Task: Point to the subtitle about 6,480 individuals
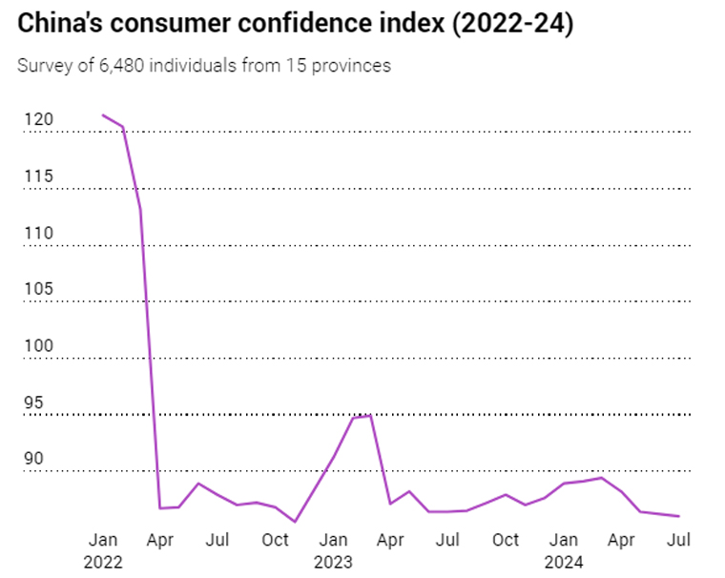point(204,66)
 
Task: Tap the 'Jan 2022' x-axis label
point(103,550)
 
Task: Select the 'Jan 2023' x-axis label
point(333,550)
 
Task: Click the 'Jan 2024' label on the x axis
point(564,550)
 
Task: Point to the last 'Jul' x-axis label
point(678,540)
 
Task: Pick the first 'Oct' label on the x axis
point(275,540)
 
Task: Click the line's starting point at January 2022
point(103,115)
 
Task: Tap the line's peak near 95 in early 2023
point(370,416)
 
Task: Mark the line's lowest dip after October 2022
point(295,522)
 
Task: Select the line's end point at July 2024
point(678,516)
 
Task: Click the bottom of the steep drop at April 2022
point(160,507)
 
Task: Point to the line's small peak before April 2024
point(601,478)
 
